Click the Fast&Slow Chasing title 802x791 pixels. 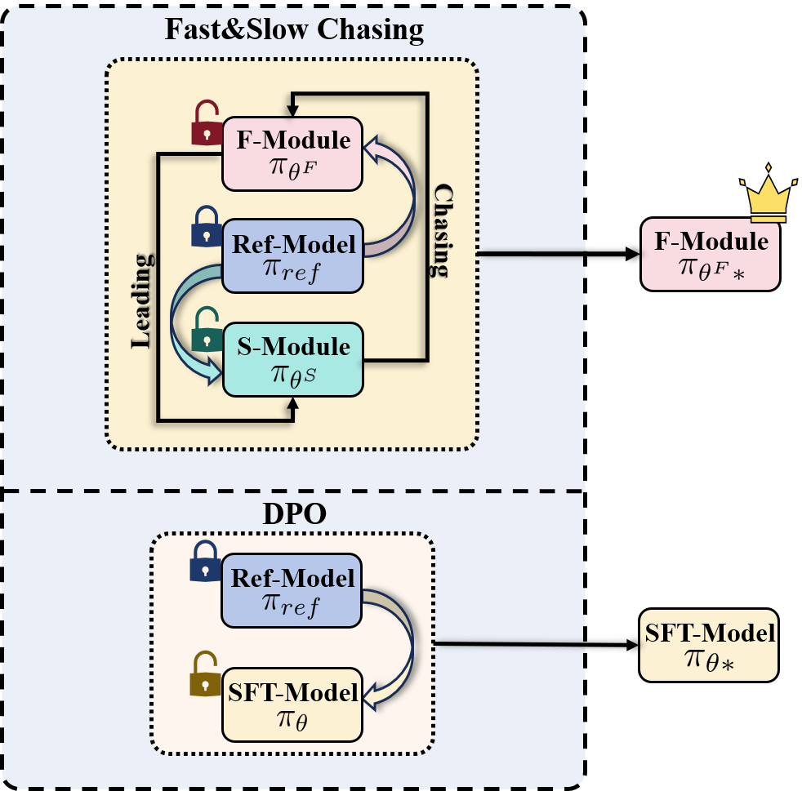(294, 30)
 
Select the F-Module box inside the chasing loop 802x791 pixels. (293, 152)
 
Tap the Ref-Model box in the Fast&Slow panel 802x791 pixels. (293, 256)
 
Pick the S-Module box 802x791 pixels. (293, 358)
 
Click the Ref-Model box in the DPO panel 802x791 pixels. (292, 590)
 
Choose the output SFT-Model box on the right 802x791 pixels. (708, 644)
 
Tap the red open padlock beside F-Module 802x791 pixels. (207, 123)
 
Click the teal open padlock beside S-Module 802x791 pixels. (206, 329)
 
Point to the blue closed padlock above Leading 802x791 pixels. (206, 226)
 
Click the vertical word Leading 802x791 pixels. (141, 300)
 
